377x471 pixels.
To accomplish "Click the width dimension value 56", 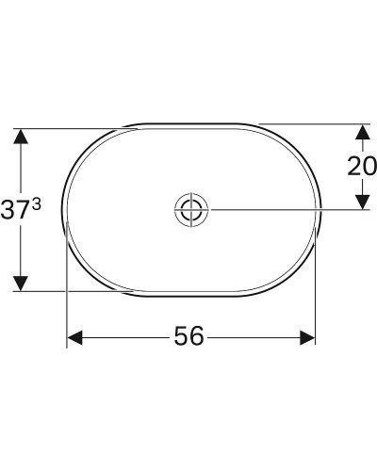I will click(x=189, y=336).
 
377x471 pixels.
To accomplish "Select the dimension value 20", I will click(x=362, y=167).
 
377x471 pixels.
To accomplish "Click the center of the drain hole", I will click(x=190, y=209).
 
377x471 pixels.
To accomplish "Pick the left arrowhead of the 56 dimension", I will click(x=74, y=336).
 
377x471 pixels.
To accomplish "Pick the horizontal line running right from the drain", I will click(x=283, y=209).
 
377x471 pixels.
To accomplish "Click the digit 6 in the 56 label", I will click(x=197, y=336).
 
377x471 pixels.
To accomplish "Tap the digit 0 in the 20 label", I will click(x=369, y=167).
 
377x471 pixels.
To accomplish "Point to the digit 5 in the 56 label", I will click(x=182, y=336).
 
